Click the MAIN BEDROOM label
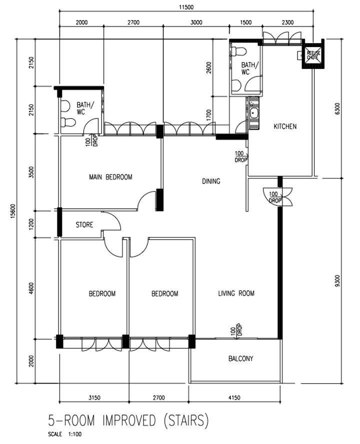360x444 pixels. [x=110, y=177]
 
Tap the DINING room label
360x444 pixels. [x=211, y=181]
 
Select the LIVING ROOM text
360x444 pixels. [x=236, y=293]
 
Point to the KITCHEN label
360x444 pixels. [x=284, y=127]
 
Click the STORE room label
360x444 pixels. [x=84, y=225]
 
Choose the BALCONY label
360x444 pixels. [x=240, y=359]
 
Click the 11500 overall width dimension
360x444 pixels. [x=185, y=7]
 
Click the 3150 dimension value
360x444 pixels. [x=93, y=398]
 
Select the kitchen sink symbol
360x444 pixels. [x=254, y=114]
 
